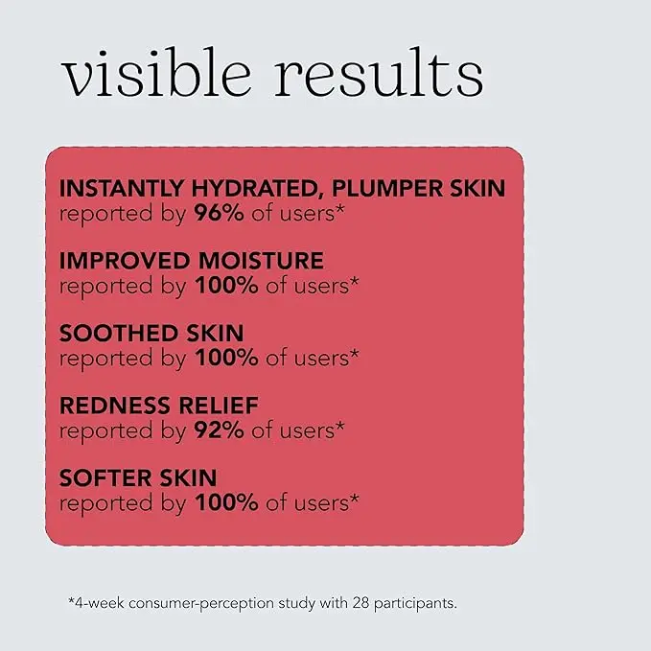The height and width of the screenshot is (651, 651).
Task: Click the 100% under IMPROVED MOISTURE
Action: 225,286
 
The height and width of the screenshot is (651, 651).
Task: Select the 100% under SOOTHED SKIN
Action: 225,358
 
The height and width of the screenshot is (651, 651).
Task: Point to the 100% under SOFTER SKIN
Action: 225,502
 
